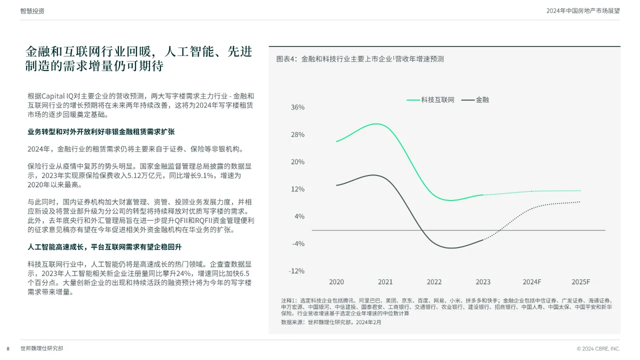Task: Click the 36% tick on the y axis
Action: pyautogui.click(x=297, y=107)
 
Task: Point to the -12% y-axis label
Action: pyautogui.click(x=297, y=271)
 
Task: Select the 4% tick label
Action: pyautogui.click(x=299, y=216)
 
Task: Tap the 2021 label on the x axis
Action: pyautogui.click(x=385, y=282)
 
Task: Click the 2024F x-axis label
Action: pyautogui.click(x=532, y=282)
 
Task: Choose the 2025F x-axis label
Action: pyautogui.click(x=581, y=282)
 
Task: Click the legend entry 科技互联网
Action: pyautogui.click(x=437, y=100)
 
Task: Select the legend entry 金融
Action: pyautogui.click(x=482, y=100)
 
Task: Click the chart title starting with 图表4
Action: pyautogui.click(x=360, y=59)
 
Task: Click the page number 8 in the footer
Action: pyautogui.click(x=8, y=348)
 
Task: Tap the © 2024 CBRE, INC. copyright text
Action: pyautogui.click(x=598, y=348)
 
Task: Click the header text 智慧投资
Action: pyautogui.click(x=32, y=11)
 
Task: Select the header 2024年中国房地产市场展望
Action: pyautogui.click(x=583, y=11)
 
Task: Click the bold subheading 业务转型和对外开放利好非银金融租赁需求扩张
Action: pyautogui.click(x=101, y=132)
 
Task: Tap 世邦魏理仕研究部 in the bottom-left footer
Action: pyautogui.click(x=42, y=348)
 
